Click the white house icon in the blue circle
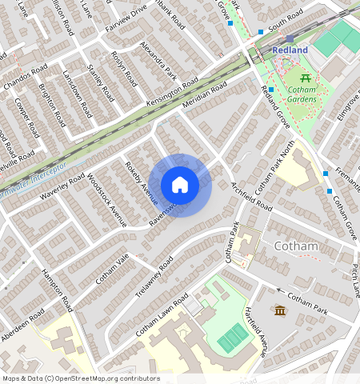click(x=180, y=185)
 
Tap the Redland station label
click(x=290, y=50)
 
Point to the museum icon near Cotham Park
click(x=280, y=310)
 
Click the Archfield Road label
click(x=251, y=195)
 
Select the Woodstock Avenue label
click(x=106, y=200)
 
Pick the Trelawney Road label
click(x=154, y=278)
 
